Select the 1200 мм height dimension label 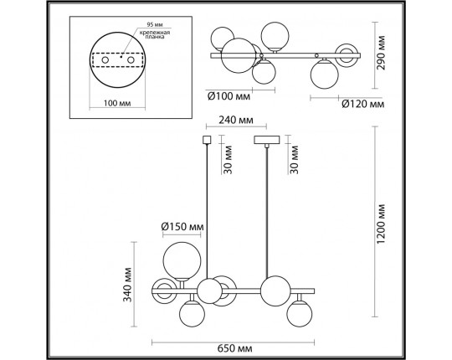coord(381,222)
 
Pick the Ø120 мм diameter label coord(363,105)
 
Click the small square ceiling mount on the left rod coord(207,139)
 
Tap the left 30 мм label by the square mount coord(227,157)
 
